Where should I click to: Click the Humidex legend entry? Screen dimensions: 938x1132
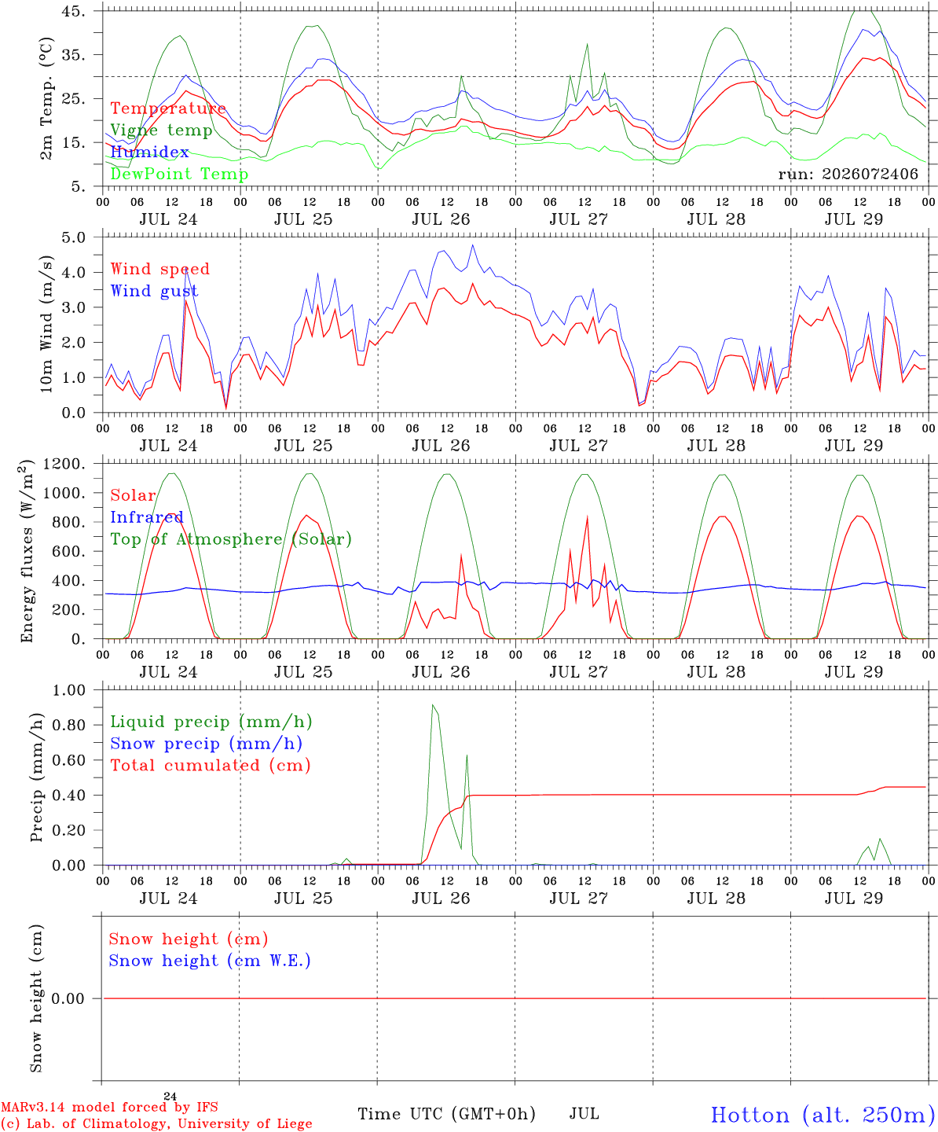(149, 152)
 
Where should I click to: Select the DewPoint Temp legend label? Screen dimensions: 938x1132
(179, 174)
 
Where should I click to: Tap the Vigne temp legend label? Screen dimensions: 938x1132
(162, 130)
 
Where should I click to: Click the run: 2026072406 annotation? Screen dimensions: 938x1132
(848, 174)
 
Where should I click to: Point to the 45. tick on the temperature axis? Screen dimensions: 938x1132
(73, 11)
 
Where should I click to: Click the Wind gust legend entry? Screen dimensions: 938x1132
(155, 291)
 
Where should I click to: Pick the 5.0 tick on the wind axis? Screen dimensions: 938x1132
(74, 237)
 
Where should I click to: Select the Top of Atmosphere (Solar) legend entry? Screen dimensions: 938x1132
(232, 539)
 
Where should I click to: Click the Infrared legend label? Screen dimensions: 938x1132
(147, 517)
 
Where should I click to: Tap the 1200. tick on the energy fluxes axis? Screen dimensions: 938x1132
(64, 464)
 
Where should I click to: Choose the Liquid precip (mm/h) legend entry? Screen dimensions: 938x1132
(211, 722)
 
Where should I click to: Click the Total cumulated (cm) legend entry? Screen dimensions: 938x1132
(211, 765)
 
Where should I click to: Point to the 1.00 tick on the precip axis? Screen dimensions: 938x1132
(69, 690)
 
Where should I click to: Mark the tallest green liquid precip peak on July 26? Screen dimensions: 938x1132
(432, 704)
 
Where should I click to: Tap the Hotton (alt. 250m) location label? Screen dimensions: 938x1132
(819, 1115)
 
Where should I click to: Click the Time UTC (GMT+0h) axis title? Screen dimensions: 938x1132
(446, 1114)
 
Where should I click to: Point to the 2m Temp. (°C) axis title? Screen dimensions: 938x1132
(46, 98)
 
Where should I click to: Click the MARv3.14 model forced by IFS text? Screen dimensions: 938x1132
(109, 1107)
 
